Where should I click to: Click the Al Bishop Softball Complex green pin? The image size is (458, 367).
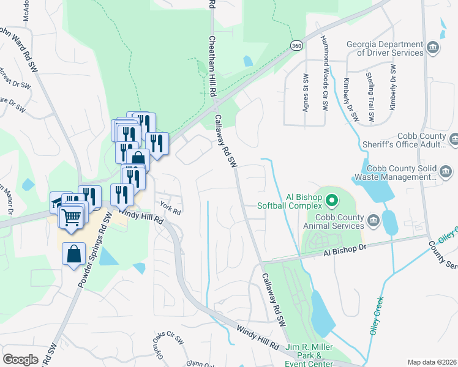(332, 200)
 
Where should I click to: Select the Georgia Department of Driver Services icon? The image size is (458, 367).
(432, 47)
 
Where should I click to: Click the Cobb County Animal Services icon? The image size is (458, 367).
(372, 219)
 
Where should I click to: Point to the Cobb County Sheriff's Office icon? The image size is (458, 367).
(454, 140)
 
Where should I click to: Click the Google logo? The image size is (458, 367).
(20, 359)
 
